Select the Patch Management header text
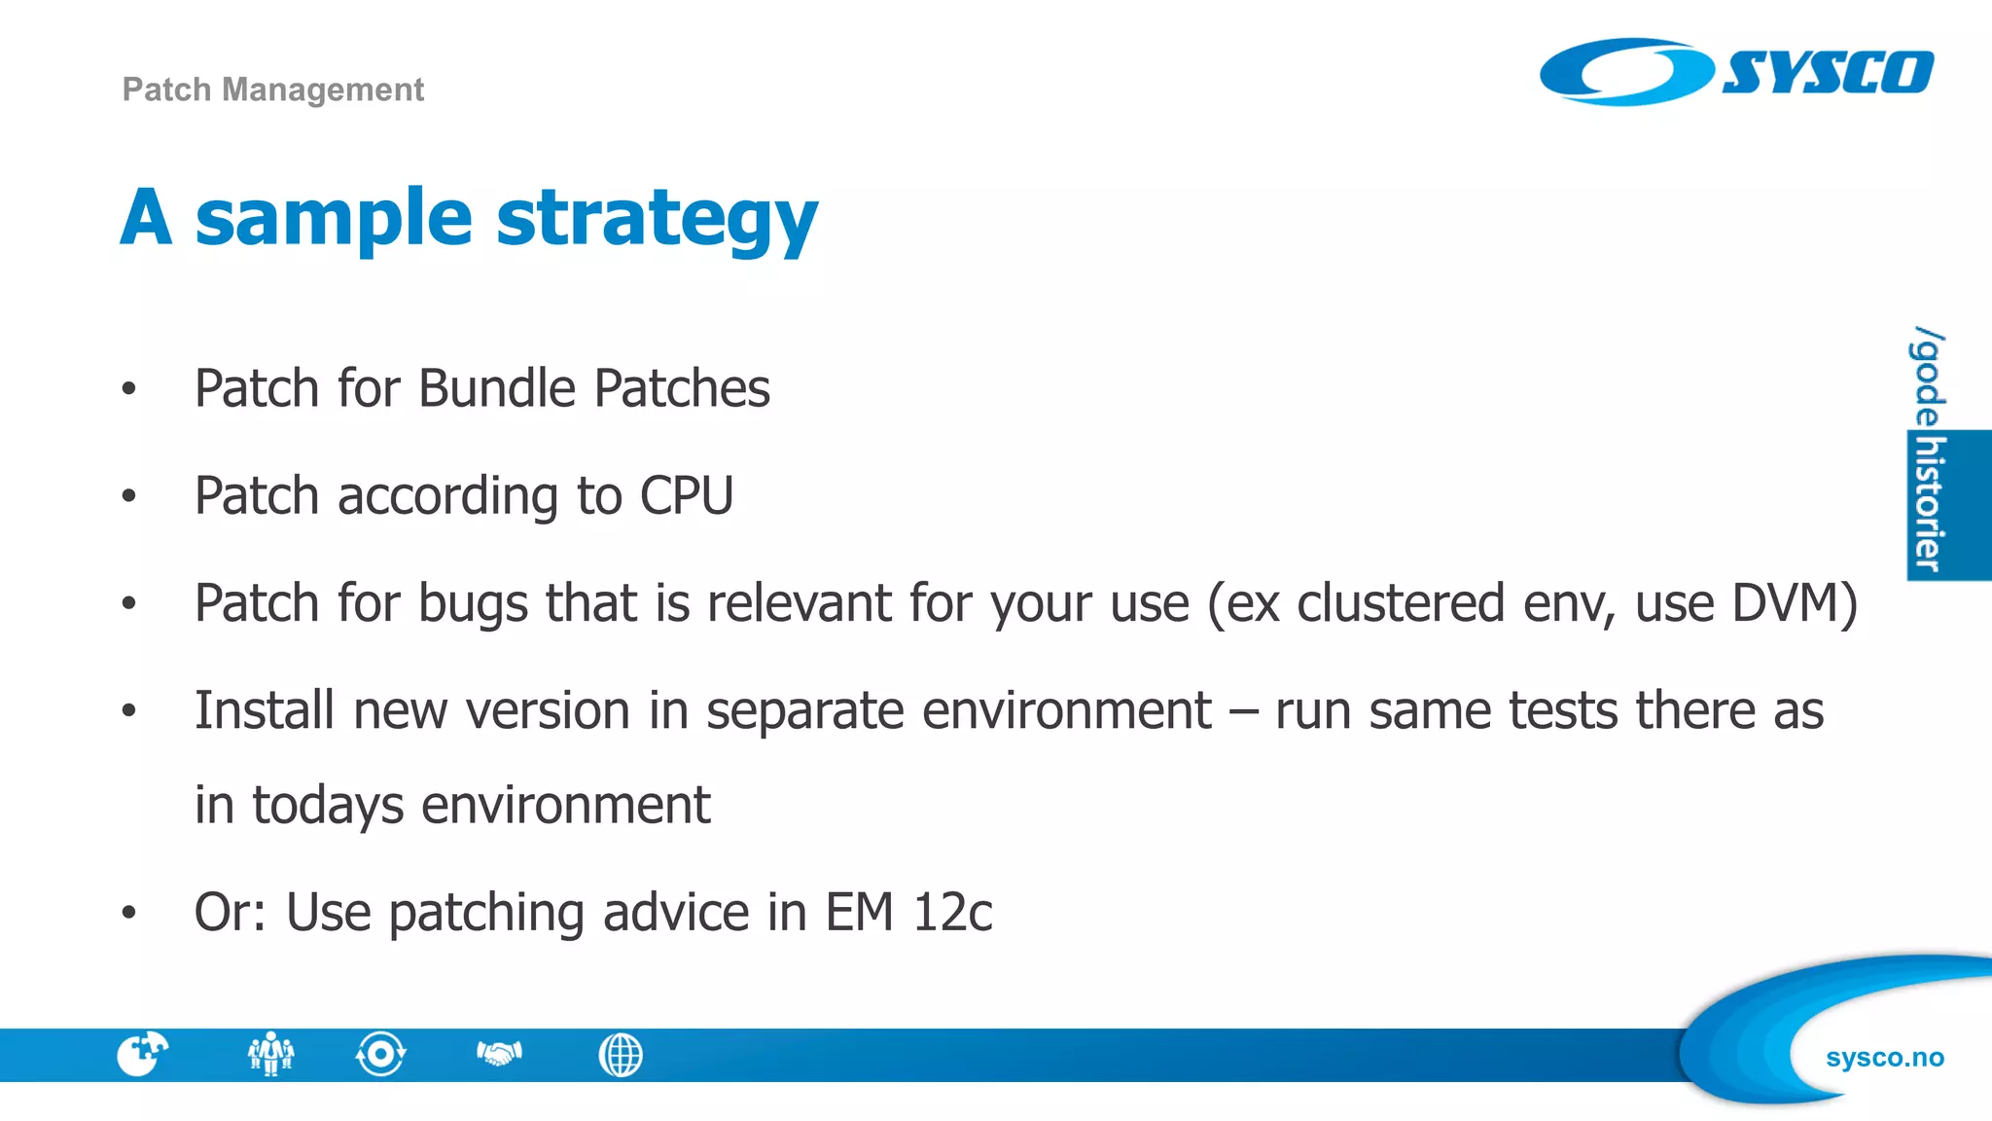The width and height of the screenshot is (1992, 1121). (272, 90)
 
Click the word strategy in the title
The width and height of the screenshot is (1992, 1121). (657, 218)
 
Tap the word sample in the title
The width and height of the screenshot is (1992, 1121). (334, 218)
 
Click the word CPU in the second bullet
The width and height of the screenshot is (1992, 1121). (686, 496)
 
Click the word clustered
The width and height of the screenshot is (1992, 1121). (1401, 603)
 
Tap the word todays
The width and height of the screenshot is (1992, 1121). (328, 806)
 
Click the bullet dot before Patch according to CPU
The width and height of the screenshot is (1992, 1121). (129, 497)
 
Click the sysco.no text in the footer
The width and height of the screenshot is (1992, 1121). (1884, 1058)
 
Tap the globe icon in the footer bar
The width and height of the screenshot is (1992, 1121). (621, 1055)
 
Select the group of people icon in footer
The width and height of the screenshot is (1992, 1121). (270, 1054)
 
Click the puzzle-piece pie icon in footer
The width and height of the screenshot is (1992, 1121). (141, 1054)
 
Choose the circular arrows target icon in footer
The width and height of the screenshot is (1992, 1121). (380, 1054)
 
